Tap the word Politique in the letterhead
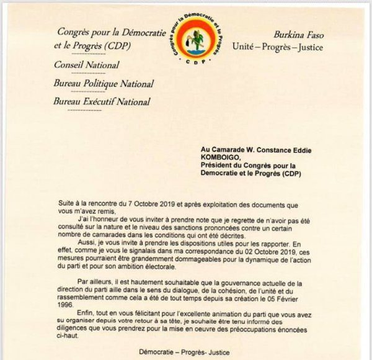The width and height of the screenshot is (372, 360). pyautogui.click(x=95, y=84)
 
